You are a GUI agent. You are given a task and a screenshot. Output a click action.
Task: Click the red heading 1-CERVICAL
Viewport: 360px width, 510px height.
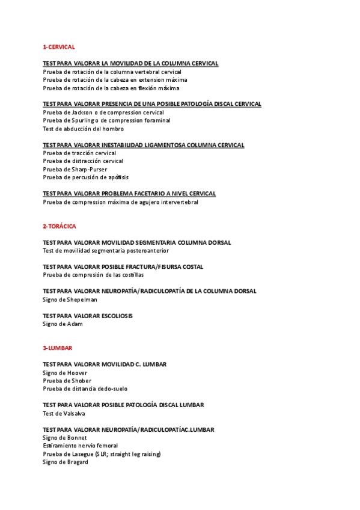pyautogui.click(x=58, y=47)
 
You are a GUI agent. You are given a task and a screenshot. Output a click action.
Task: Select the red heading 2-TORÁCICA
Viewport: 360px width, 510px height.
pyautogui.click(x=59, y=226)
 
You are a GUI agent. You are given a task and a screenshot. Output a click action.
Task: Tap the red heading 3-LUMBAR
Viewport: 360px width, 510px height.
pyautogui.click(x=57, y=348)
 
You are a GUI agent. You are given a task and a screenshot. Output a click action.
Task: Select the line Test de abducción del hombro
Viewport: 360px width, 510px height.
pyautogui.click(x=83, y=129)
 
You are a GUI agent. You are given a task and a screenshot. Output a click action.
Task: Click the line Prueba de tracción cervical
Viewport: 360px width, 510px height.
pyautogui.click(x=79, y=153)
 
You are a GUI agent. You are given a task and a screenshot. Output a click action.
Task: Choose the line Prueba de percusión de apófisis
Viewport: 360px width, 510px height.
pyautogui.click(x=85, y=177)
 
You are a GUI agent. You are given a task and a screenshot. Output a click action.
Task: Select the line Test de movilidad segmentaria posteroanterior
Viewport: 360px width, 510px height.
pyautogui.click(x=106, y=251)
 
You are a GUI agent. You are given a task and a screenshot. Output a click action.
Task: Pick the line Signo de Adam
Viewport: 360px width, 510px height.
pyautogui.click(x=63, y=324)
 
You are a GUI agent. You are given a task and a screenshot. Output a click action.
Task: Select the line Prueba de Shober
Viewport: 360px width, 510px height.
pyautogui.click(x=67, y=381)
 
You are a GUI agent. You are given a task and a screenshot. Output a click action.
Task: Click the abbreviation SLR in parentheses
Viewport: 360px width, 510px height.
pyautogui.click(x=106, y=454)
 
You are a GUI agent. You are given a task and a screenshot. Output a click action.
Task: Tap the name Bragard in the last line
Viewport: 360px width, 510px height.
pyautogui.click(x=77, y=462)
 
